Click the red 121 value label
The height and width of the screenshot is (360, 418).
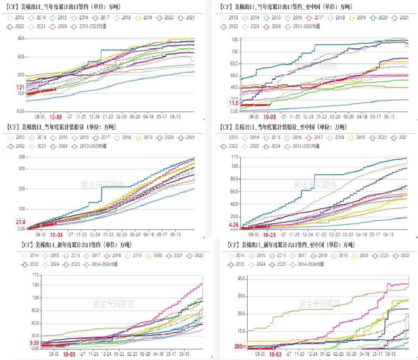click(x=20, y=87)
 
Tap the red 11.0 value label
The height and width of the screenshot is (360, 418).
click(x=234, y=103)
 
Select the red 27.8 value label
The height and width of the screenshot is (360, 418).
click(x=20, y=222)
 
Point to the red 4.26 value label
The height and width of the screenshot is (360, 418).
click(x=234, y=225)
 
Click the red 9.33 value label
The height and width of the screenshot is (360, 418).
click(x=34, y=343)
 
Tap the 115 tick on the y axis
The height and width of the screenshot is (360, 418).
click(x=235, y=157)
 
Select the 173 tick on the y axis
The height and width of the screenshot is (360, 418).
click(x=35, y=275)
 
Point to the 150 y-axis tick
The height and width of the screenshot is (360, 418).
click(x=35, y=285)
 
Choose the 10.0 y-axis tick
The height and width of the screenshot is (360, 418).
click(x=242, y=331)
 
